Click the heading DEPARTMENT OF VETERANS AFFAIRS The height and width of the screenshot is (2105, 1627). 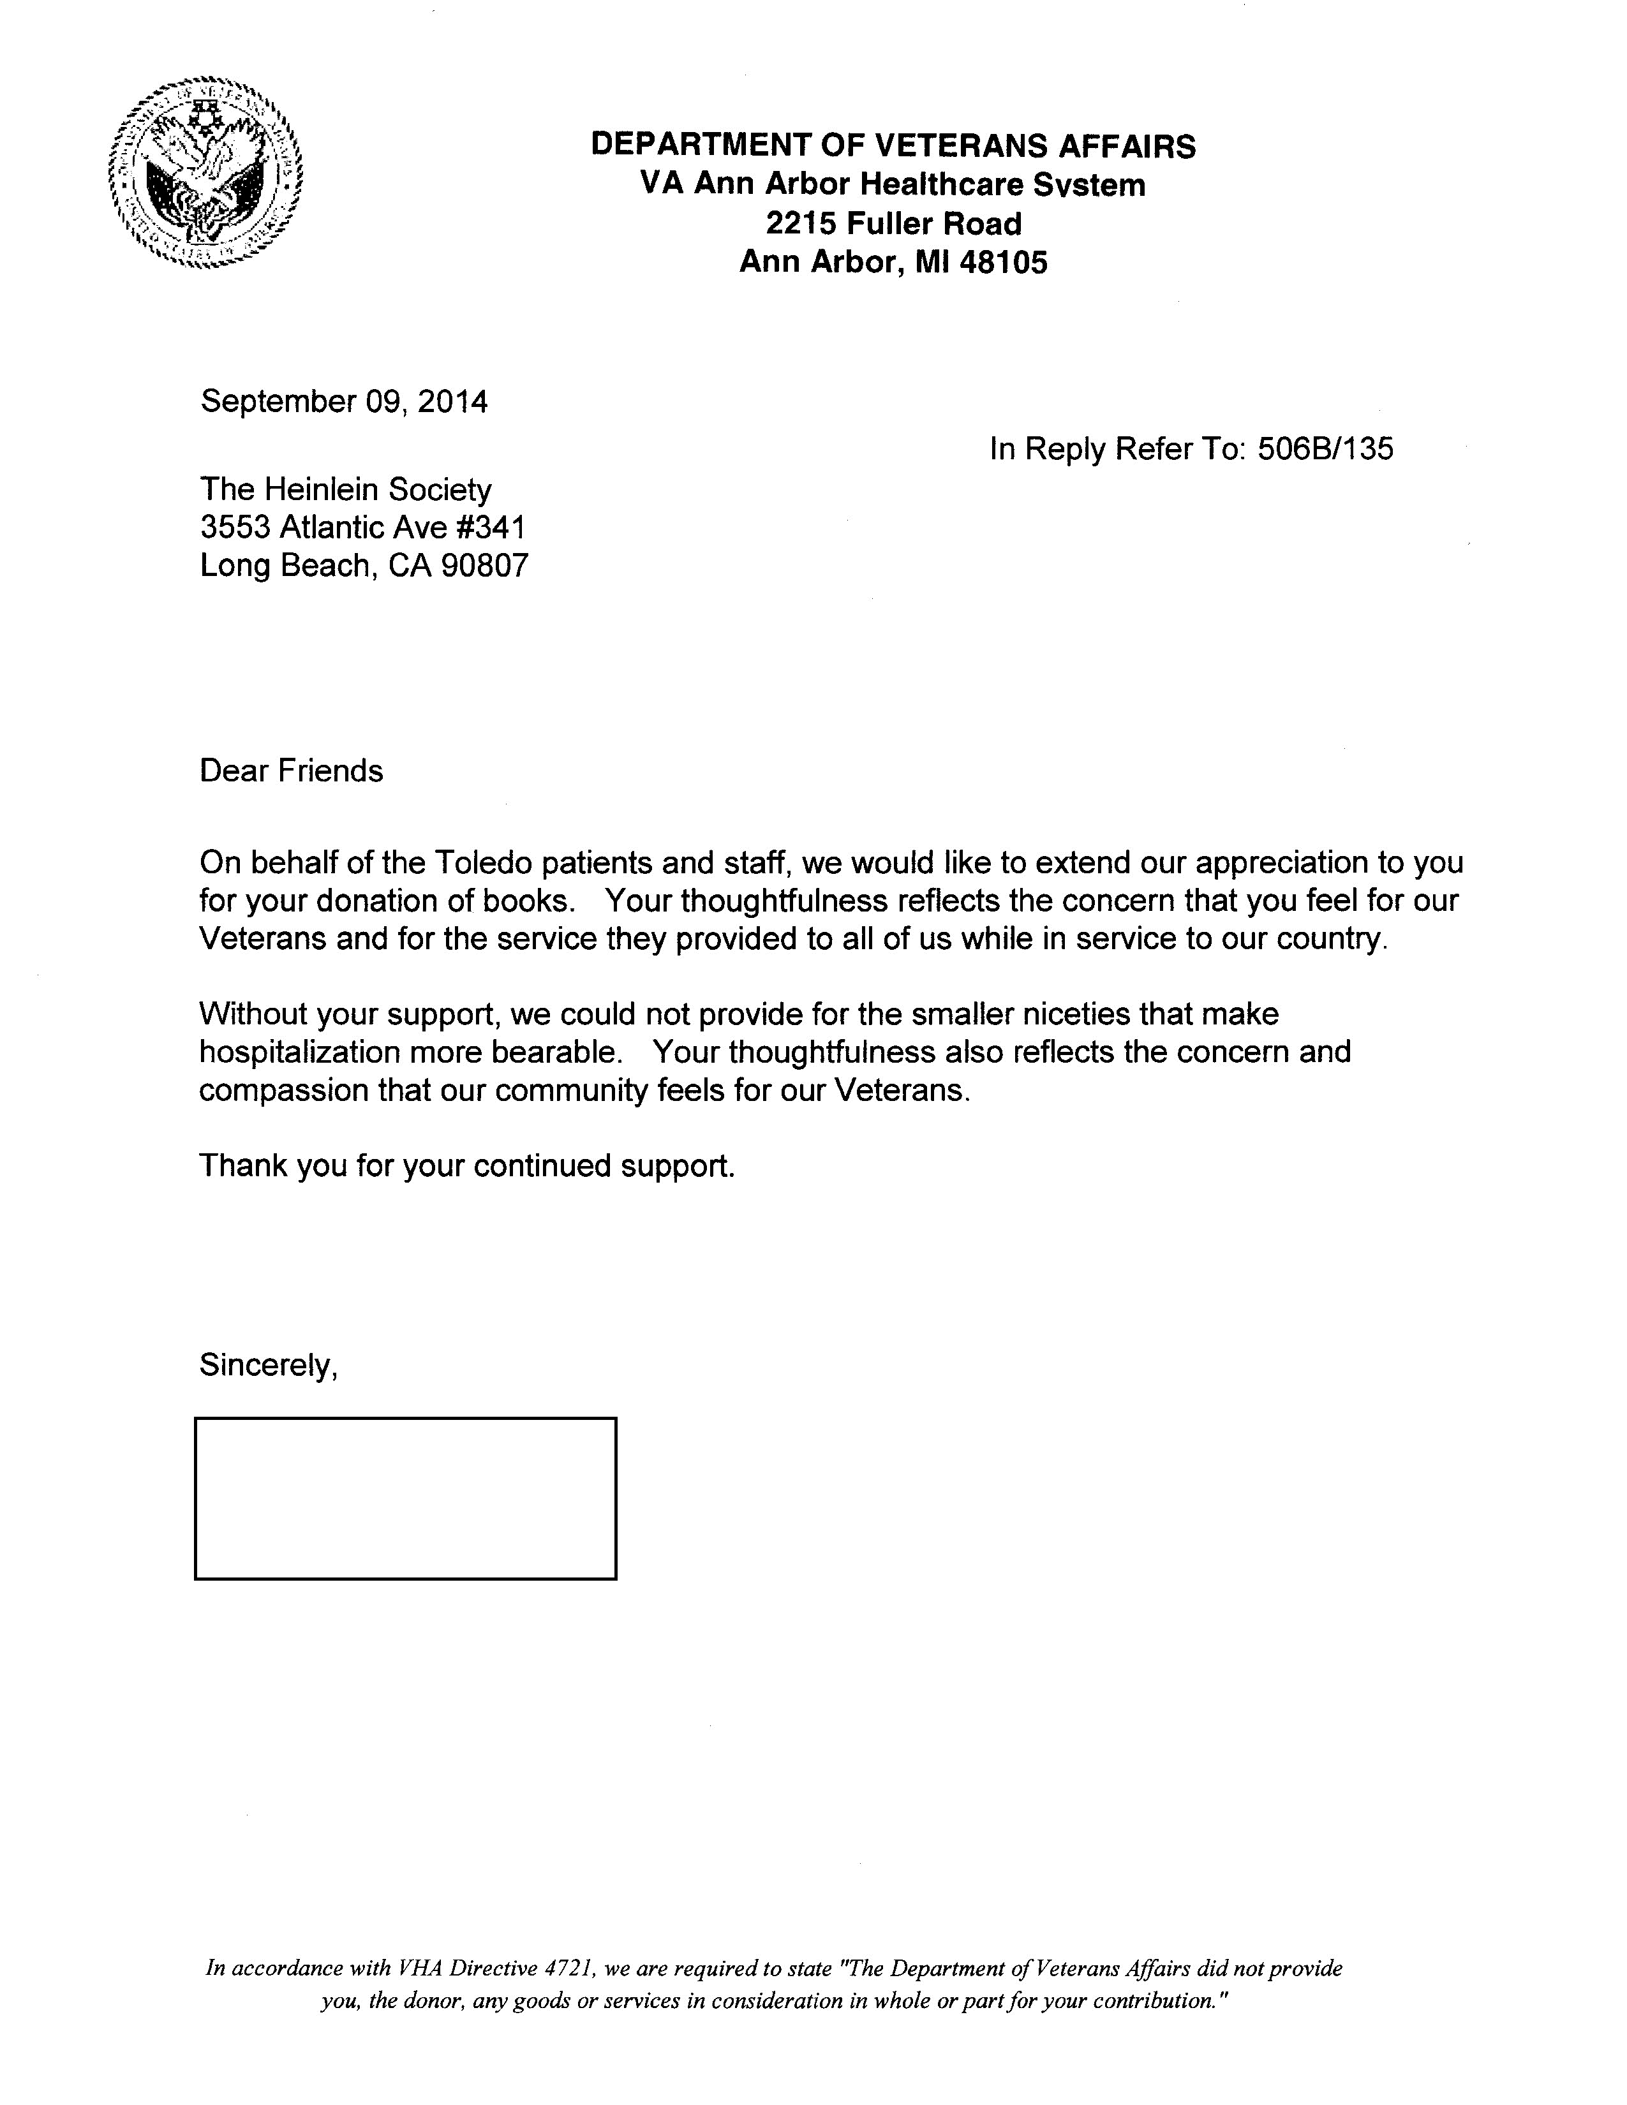coord(893,145)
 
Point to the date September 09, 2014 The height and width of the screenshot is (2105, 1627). coord(343,401)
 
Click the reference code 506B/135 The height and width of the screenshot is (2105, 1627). coord(1325,449)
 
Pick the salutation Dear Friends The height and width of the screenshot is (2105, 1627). coord(291,771)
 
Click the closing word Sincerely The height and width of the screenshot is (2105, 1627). coord(266,1365)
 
